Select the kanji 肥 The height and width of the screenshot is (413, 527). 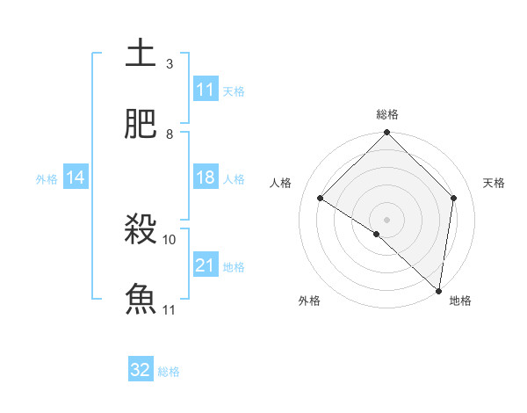tap(141, 124)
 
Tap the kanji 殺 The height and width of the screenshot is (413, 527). tap(141, 230)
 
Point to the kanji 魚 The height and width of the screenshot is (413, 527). tap(141, 299)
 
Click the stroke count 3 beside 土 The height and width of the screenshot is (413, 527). tap(170, 64)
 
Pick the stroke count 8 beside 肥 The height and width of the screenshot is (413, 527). tap(170, 134)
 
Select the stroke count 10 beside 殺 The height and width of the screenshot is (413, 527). tap(170, 239)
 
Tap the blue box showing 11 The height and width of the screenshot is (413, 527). tap(206, 90)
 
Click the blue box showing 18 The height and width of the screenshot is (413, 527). tap(206, 178)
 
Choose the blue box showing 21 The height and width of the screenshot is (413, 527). tap(206, 265)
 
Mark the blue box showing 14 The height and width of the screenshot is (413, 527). tap(76, 178)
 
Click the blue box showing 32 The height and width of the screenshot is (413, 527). tap(141, 370)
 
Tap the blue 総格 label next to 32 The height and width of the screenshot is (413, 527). tap(169, 372)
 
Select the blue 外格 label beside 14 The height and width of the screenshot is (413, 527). tap(47, 179)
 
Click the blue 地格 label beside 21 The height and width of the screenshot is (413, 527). tap(234, 267)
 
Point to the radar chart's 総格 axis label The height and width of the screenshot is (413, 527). tap(387, 114)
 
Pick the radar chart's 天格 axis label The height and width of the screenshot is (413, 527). tap(495, 183)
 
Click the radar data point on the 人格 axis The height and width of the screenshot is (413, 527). tap(321, 199)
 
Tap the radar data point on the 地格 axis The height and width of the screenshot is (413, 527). tap(439, 291)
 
